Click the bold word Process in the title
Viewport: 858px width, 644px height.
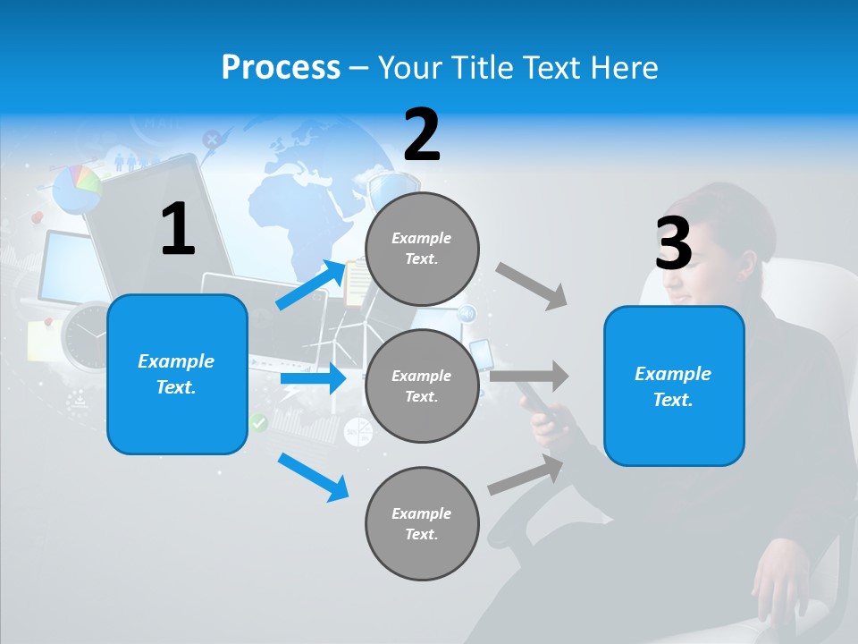(x=281, y=68)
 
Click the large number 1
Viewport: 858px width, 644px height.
(x=178, y=229)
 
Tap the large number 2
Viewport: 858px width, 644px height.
(x=422, y=135)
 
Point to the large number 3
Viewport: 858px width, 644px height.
(x=673, y=243)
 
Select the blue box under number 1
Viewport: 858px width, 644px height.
(x=177, y=374)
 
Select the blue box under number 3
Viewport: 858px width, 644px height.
(x=674, y=386)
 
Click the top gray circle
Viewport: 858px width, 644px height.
(x=422, y=249)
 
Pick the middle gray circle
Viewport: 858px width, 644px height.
(x=422, y=386)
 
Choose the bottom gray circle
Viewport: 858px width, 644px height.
(x=422, y=523)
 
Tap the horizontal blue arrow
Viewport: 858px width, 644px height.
(x=313, y=378)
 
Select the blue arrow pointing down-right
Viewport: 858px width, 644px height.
(x=314, y=477)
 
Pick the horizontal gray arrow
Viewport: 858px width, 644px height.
(x=529, y=376)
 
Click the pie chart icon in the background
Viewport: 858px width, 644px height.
(x=77, y=188)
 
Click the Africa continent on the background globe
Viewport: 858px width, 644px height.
(x=295, y=206)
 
